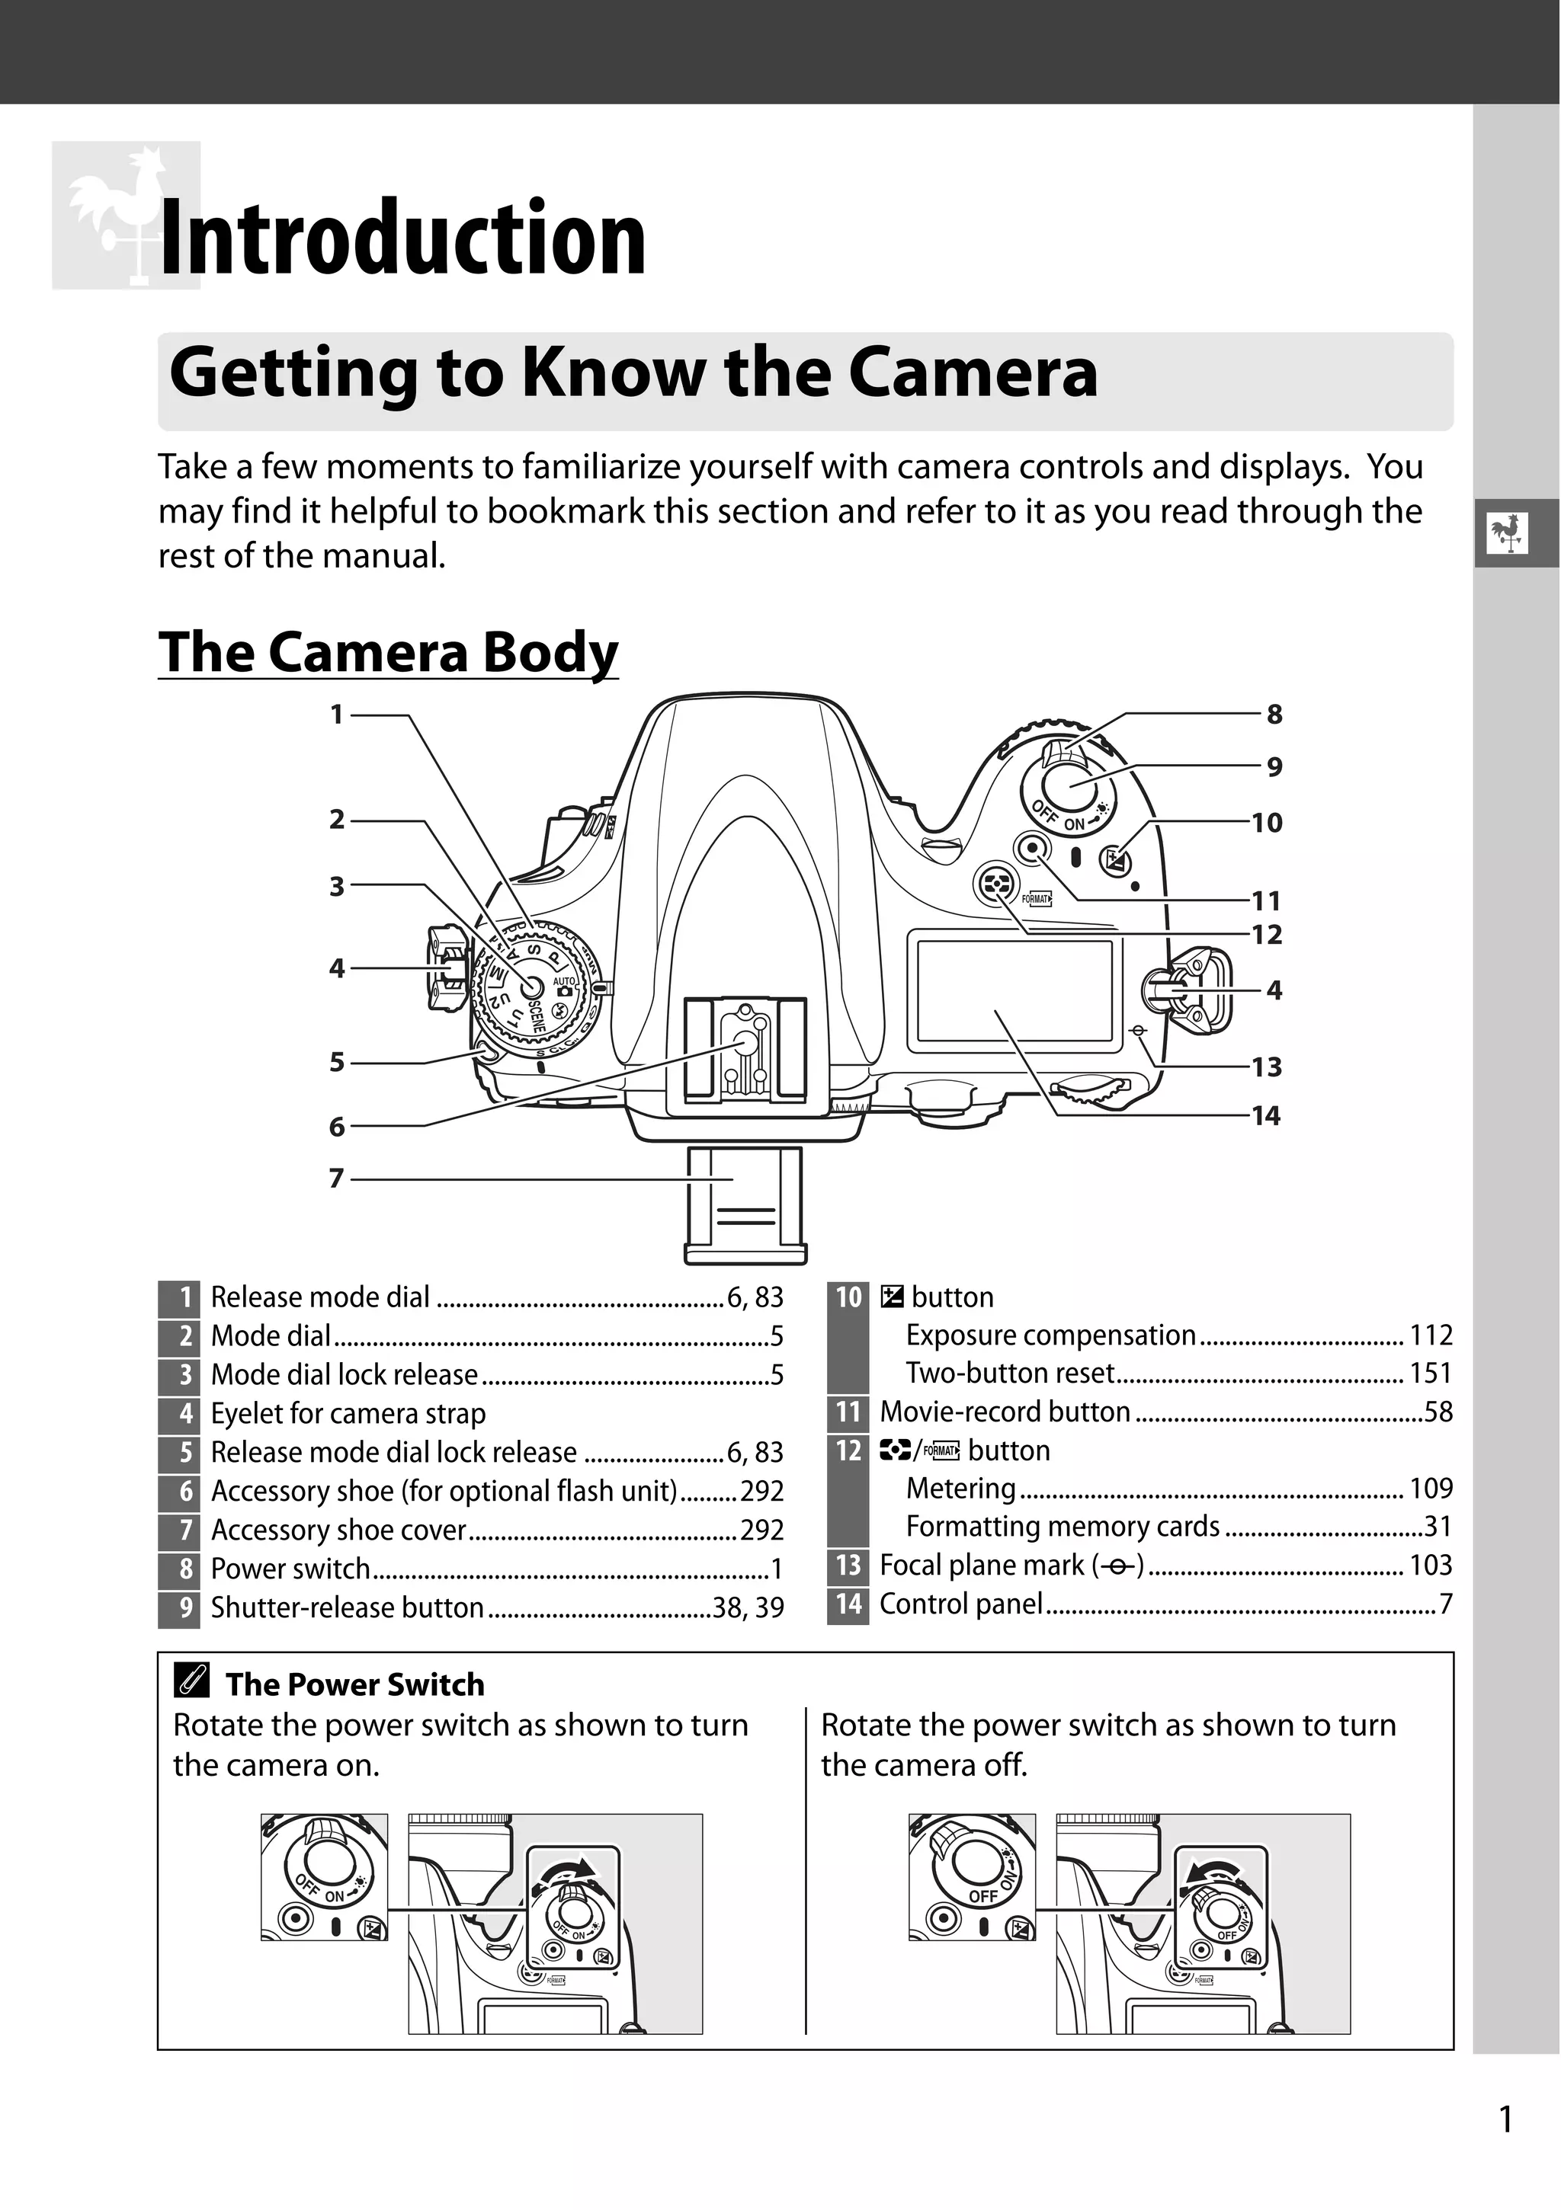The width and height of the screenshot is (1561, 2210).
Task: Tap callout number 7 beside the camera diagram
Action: [336, 1179]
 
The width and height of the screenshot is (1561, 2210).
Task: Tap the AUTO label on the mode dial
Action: [563, 982]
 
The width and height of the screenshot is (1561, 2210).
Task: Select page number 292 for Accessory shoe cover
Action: [761, 1530]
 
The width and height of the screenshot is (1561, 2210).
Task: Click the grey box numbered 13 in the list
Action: [848, 1565]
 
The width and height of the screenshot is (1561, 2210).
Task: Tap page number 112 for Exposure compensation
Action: [1431, 1335]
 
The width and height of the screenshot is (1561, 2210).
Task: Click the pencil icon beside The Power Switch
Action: [191, 1681]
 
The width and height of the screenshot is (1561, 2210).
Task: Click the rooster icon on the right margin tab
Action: [1507, 533]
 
